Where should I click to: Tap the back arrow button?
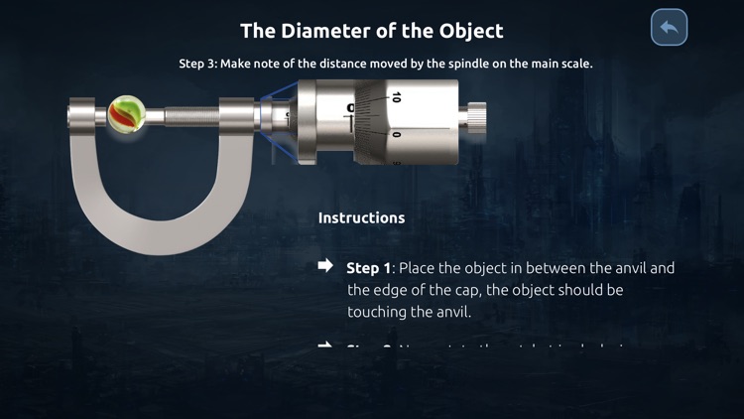pyautogui.click(x=669, y=28)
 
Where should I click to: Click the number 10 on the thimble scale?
pyautogui.click(x=396, y=97)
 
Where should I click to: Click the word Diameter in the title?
pyautogui.click(x=318, y=31)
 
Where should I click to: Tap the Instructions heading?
pyautogui.click(x=361, y=216)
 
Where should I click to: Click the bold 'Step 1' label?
pyautogui.click(x=368, y=268)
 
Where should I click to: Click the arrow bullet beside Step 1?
pyautogui.click(x=325, y=266)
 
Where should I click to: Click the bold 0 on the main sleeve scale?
pyautogui.click(x=350, y=107)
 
